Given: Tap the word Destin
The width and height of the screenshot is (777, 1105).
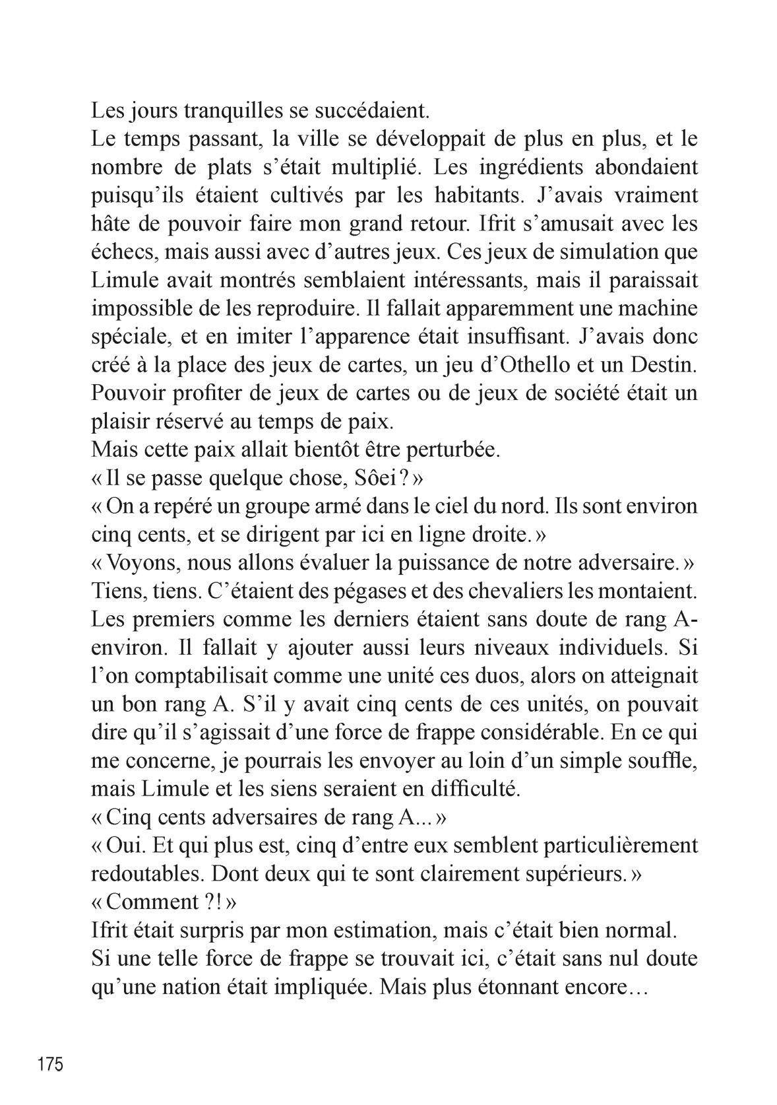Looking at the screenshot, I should point(660,365).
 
